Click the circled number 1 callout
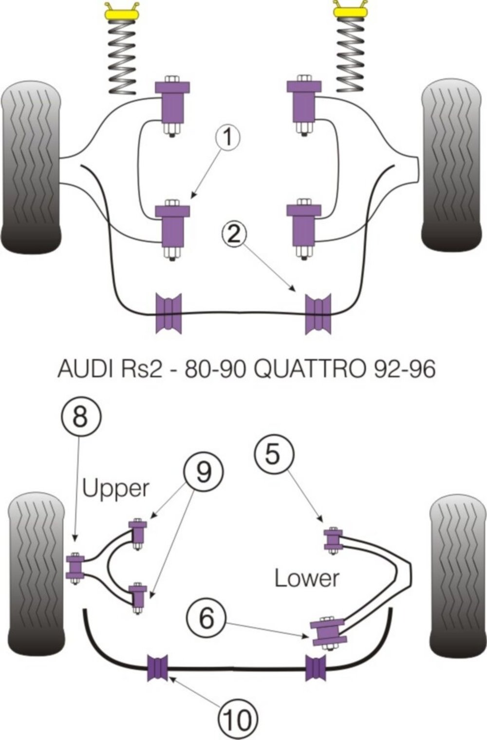[x=228, y=138]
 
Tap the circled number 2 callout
[x=234, y=234]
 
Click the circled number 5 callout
[x=273, y=455]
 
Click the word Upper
[x=115, y=489]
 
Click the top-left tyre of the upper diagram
[x=31, y=167]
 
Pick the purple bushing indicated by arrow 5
[x=334, y=539]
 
